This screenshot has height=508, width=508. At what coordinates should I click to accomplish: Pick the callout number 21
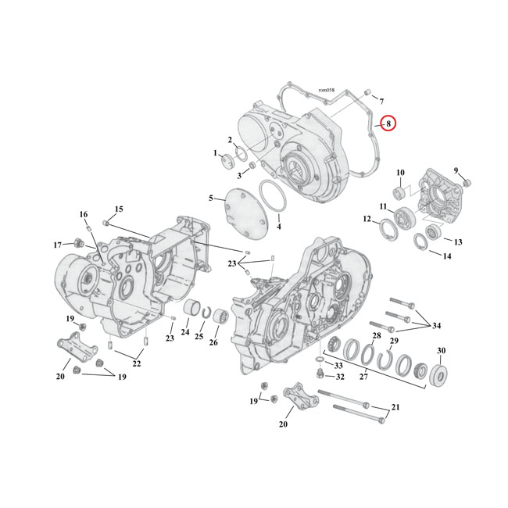pos(394,408)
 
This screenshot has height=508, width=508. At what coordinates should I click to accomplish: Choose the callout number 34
pos(435,326)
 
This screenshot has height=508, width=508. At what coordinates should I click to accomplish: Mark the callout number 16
pos(84,214)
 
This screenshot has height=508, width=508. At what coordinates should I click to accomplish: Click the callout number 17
pos(57,245)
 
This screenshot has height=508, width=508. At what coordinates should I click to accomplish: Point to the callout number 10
pos(399,173)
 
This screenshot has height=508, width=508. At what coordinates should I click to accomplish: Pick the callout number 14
pos(446,256)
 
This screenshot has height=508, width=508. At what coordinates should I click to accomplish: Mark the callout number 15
pos(119,209)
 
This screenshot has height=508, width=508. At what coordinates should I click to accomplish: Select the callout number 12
pos(367,220)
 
